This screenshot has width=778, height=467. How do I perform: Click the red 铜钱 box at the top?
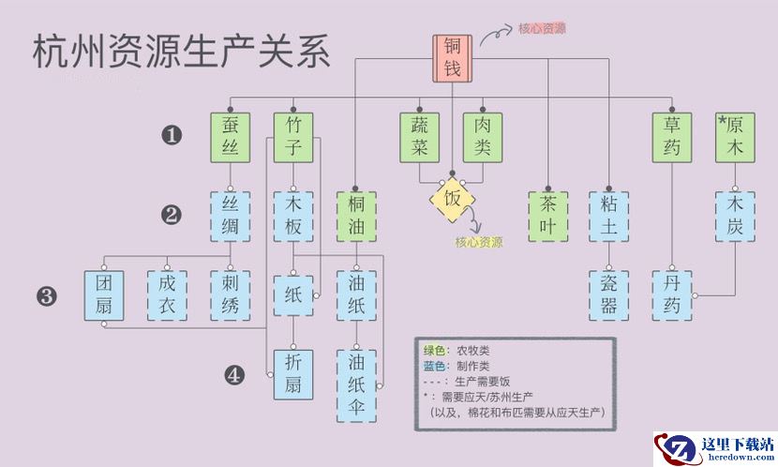[x=453, y=58]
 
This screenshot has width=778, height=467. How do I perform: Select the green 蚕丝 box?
[x=231, y=137]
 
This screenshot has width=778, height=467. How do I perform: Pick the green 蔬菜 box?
[x=419, y=137]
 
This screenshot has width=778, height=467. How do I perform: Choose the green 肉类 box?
[x=483, y=137]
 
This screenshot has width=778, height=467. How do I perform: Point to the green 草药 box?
[x=672, y=137]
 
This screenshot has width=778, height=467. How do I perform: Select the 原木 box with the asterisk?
[x=736, y=137]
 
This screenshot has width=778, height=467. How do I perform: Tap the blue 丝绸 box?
[x=231, y=216]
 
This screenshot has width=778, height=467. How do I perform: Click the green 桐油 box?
[x=356, y=216]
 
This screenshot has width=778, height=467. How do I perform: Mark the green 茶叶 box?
[x=547, y=216]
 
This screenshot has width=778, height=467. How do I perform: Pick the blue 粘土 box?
[x=609, y=216]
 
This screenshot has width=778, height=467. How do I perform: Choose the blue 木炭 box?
[x=736, y=216]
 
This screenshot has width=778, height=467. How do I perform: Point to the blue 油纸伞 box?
[x=356, y=384]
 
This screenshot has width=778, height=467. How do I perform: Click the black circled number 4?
[x=234, y=376]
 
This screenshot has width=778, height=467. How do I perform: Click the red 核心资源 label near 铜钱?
[x=542, y=28]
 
